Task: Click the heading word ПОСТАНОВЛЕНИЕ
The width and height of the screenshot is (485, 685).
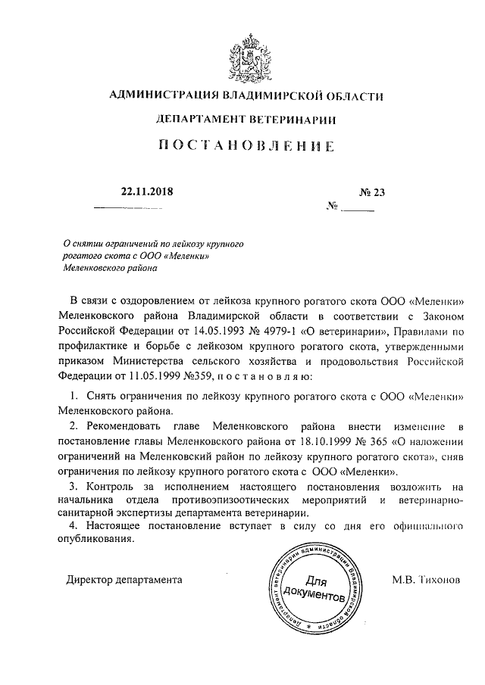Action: click(x=246, y=148)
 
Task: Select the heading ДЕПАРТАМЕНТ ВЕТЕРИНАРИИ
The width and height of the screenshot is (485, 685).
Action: click(x=246, y=120)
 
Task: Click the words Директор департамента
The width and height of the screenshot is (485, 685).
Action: click(x=124, y=581)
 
